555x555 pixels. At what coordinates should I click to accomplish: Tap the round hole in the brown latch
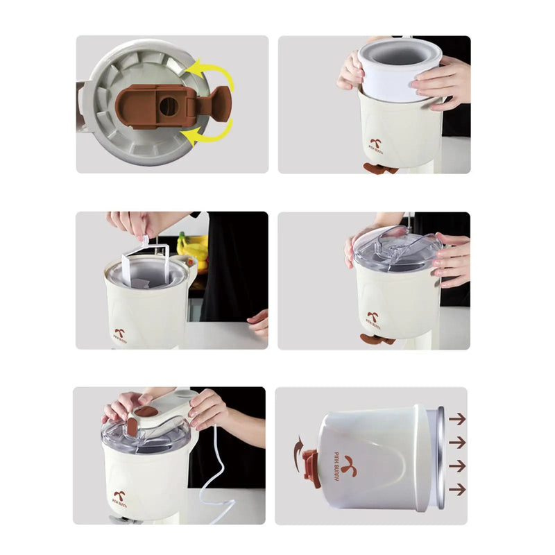pos(169,105)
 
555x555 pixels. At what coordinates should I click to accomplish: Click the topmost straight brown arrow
pos(456,419)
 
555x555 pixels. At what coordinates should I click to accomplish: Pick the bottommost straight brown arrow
pos(456,489)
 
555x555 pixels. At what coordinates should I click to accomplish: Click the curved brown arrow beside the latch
pos(299,445)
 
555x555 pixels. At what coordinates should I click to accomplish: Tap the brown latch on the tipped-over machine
pos(311,468)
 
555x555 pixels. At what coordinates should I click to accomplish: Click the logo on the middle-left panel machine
pos(119,334)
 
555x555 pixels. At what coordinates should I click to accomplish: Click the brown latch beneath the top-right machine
pos(381,169)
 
